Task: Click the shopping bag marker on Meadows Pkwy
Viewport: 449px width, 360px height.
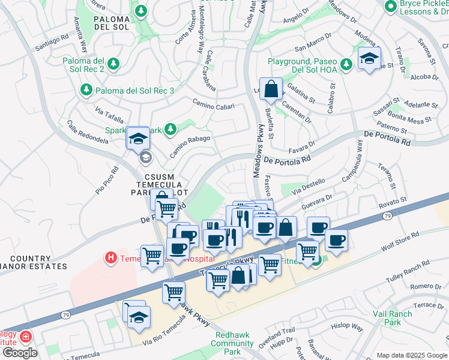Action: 271,89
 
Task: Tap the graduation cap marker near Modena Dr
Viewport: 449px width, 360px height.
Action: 369,58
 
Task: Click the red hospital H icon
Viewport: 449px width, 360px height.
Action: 110,258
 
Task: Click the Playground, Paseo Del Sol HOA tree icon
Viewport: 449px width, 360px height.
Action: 346,64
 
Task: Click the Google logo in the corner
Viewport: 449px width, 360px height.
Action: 19,353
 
